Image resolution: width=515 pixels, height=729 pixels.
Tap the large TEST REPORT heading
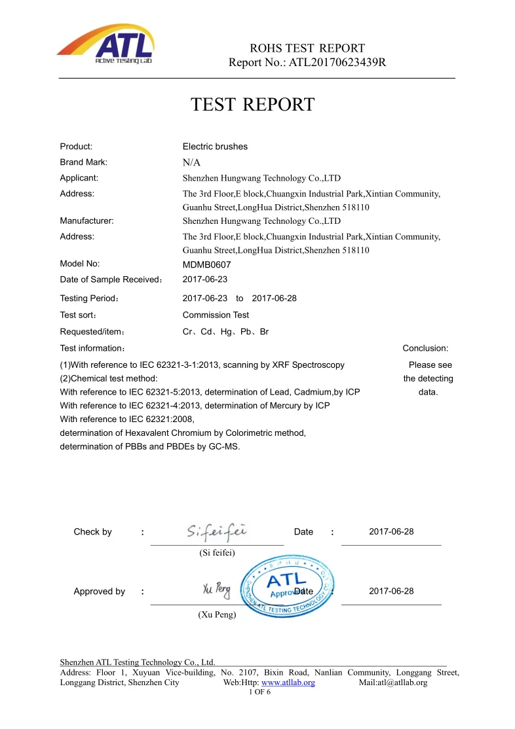(x=252, y=105)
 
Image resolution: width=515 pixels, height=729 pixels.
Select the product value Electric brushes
(x=215, y=147)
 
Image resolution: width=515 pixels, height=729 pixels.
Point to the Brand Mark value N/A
(x=191, y=163)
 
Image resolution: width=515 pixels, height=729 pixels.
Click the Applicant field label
(x=79, y=178)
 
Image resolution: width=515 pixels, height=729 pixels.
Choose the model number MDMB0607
(x=206, y=265)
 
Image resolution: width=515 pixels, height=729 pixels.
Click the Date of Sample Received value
(x=204, y=280)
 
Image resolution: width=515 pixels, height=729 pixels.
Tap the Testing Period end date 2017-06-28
(x=274, y=298)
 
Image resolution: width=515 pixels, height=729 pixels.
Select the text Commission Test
(x=216, y=315)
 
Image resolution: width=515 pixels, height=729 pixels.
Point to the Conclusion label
(x=425, y=349)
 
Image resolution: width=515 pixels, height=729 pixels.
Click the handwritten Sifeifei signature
(x=216, y=531)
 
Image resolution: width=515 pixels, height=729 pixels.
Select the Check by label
(x=92, y=532)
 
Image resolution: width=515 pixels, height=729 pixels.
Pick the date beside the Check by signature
(x=391, y=532)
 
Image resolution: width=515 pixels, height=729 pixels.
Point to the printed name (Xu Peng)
(x=217, y=615)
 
